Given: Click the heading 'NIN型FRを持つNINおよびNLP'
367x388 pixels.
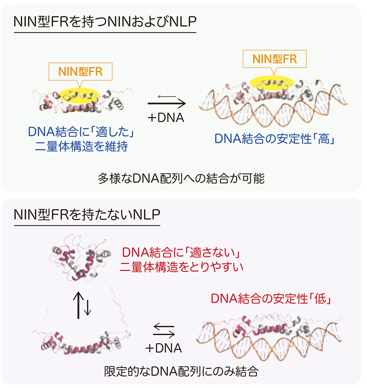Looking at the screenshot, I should tap(105, 22).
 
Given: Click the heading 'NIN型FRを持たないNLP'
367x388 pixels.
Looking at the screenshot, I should tap(87, 215).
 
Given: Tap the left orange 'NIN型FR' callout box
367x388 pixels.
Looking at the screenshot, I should tap(80, 71).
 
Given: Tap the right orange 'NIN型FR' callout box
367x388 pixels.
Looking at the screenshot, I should tap(274, 59).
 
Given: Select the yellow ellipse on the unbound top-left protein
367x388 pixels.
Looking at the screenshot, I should tap(79, 96).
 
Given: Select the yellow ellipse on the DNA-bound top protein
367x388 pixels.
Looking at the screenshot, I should tap(272, 83).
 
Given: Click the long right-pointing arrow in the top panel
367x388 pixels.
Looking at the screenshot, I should tap(167, 103).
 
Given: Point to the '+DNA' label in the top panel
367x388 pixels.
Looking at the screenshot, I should tap(166, 118).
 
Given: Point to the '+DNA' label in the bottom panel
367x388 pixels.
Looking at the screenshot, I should tap(163, 348).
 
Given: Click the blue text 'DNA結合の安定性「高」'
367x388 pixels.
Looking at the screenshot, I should tap(274, 139).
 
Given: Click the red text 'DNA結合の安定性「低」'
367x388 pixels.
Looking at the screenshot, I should tap(271, 298).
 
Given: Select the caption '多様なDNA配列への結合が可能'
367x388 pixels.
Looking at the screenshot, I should tap(181, 178).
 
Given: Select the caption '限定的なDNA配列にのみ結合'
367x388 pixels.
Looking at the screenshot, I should tap(181, 371).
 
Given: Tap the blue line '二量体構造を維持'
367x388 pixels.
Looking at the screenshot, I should tap(81, 146).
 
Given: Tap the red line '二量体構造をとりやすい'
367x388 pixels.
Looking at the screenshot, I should tap(181, 267).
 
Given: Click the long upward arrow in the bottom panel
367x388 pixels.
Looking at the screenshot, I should tap(78, 305).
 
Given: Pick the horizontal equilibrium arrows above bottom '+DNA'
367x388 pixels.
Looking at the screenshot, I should tap(164, 331).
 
